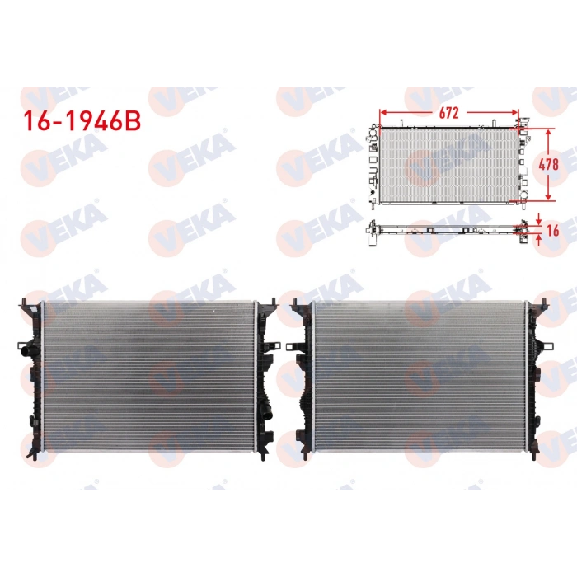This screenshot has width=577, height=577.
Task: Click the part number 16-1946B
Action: click(82, 120)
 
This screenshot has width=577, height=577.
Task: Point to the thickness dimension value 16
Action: click(551, 231)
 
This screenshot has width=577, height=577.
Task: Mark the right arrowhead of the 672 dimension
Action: click(516, 111)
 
